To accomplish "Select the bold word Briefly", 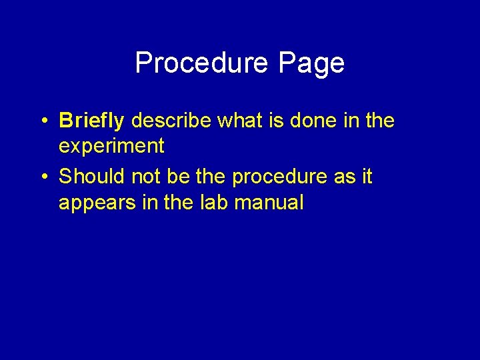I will [x=91, y=121].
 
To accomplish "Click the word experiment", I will [x=111, y=145].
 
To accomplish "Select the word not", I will [x=146, y=177].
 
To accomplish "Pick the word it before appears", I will [x=367, y=177].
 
